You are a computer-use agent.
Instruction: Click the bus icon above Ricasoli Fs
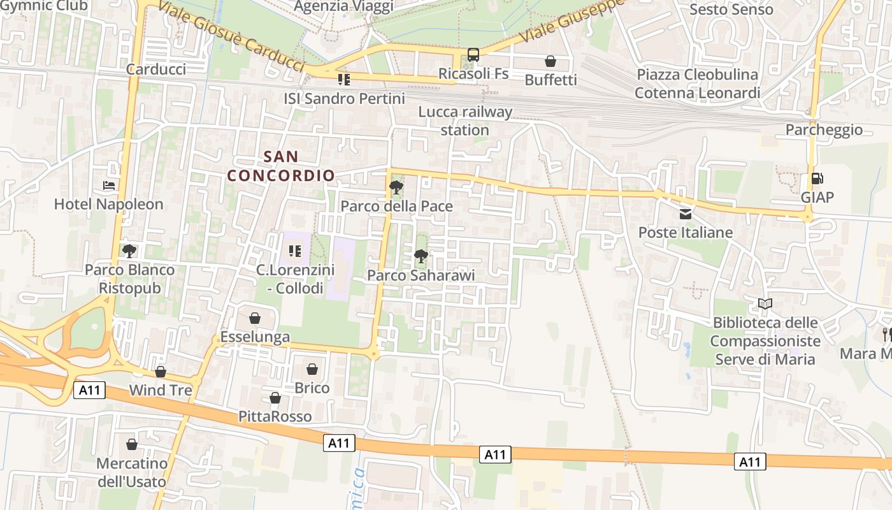[473, 55]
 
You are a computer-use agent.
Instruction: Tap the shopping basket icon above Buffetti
[550, 61]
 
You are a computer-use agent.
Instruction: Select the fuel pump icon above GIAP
[817, 179]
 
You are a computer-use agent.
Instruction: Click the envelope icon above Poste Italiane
[686, 214]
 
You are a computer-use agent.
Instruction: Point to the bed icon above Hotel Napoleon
[109, 186]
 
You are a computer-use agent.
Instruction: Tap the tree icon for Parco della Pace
[396, 187]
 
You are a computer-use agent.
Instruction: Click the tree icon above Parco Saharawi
[421, 257]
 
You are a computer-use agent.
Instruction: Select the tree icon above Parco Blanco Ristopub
[129, 251]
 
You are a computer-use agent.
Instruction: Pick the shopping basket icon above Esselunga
[255, 318]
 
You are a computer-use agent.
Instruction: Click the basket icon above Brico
[312, 369]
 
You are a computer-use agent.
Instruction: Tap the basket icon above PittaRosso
[275, 398]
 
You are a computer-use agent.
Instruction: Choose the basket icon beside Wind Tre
[161, 372]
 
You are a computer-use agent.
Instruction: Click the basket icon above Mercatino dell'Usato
[132, 444]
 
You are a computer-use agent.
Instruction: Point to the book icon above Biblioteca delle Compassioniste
[765, 303]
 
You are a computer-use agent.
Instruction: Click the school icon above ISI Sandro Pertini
[344, 80]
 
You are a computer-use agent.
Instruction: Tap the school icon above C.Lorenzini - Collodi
[294, 251]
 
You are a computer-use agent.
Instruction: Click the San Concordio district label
[281, 166]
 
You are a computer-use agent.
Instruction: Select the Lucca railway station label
[465, 121]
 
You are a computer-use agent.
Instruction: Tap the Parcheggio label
[824, 130]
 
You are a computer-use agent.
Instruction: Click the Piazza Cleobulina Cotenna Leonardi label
[698, 84]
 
